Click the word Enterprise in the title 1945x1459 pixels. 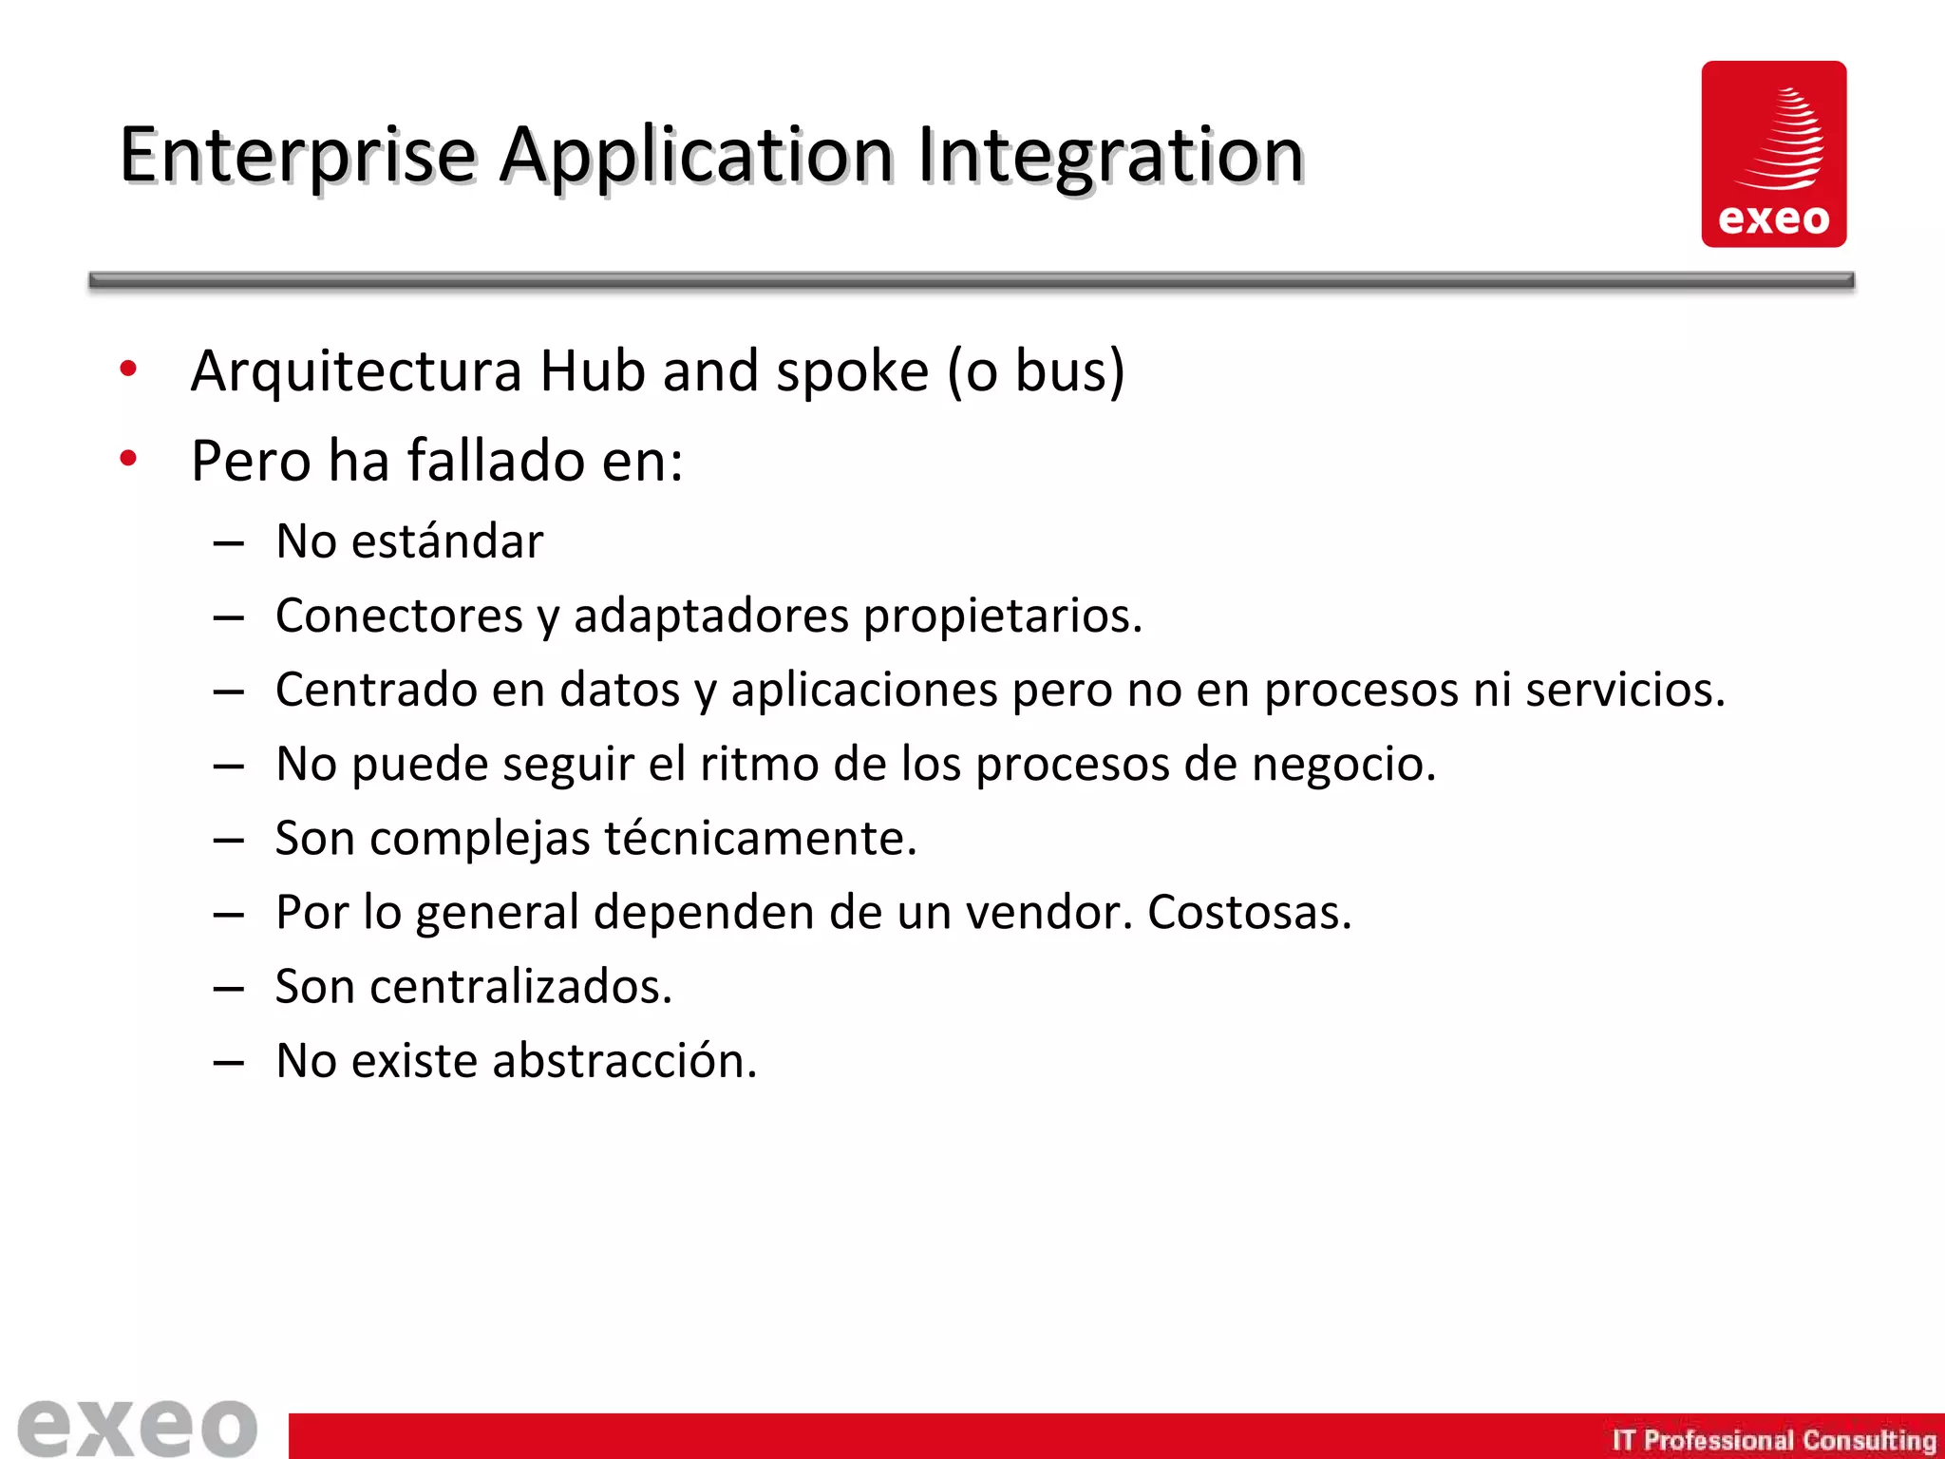(296, 155)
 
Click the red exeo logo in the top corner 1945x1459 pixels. (1773, 154)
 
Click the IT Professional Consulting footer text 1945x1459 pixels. (1773, 1440)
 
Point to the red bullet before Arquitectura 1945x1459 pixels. (128, 369)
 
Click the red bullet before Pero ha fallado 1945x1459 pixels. (128, 460)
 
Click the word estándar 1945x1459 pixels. (447, 541)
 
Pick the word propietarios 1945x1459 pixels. (1002, 616)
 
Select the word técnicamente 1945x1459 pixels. (760, 838)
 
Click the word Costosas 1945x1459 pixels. (1249, 912)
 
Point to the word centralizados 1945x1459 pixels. (520, 986)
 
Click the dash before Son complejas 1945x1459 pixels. (229, 840)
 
